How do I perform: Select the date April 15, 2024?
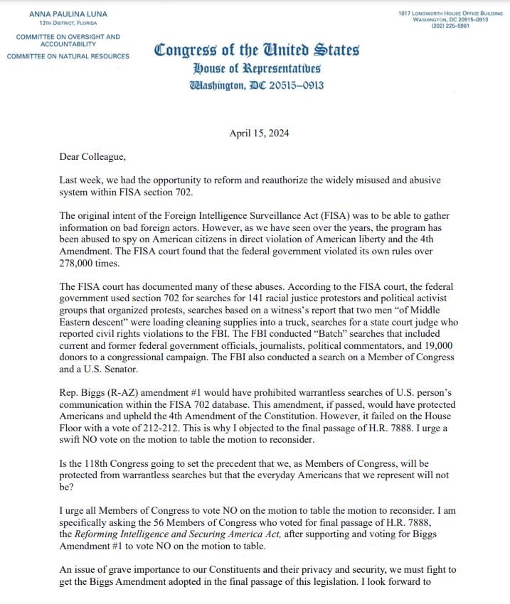tap(260, 134)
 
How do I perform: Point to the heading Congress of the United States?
tap(257, 50)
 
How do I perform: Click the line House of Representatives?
tap(257, 69)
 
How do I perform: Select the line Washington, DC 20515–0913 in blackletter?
tap(257, 86)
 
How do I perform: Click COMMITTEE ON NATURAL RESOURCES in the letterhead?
tap(68, 56)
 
